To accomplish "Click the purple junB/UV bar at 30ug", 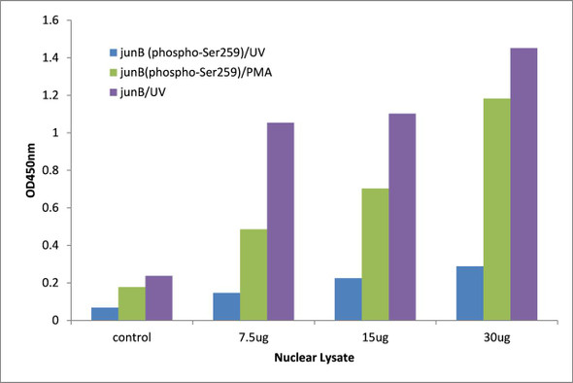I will (x=522, y=184).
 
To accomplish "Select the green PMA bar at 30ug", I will (x=496, y=209).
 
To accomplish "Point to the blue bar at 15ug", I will (x=348, y=298).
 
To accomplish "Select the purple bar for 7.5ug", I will (x=281, y=222).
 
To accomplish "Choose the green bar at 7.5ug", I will (x=253, y=274).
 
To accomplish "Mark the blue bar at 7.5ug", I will (x=226, y=306).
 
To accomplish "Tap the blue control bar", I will (x=105, y=313).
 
